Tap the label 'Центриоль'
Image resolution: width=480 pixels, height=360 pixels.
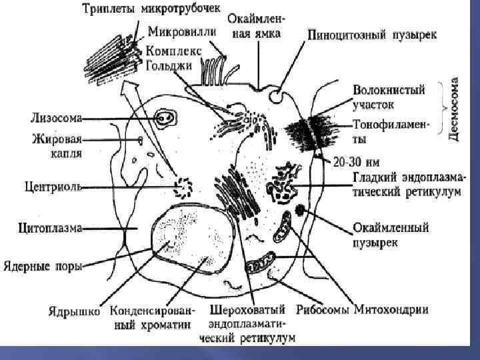[x=53, y=187]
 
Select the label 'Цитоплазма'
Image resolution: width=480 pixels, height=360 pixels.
[x=50, y=228]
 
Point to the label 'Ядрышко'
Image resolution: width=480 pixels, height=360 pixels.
[x=74, y=311]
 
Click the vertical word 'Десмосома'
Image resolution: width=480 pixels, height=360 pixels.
[x=454, y=111]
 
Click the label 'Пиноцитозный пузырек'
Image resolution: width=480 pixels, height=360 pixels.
[x=372, y=34]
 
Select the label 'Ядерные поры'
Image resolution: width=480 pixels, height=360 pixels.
[x=41, y=267]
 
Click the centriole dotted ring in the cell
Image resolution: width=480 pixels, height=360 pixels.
[x=181, y=187]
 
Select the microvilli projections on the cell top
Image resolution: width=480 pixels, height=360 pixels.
[x=213, y=71]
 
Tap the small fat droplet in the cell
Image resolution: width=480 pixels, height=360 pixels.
[x=140, y=140]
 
